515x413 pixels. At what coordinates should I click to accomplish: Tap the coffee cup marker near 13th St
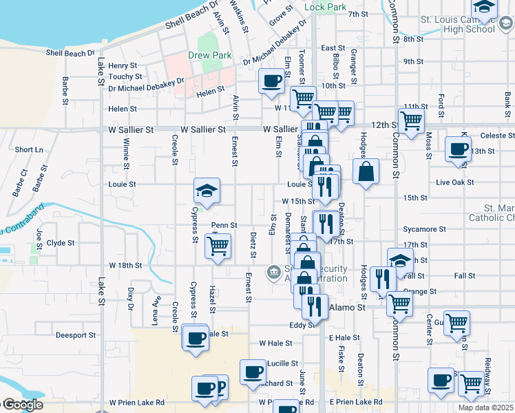(458, 149)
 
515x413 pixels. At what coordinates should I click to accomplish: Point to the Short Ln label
(28, 149)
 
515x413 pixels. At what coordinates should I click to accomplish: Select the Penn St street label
(224, 225)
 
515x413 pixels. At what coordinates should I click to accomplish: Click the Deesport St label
(76, 335)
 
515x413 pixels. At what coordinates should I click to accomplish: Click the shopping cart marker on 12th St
(411, 122)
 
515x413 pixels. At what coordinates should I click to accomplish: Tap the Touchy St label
(125, 76)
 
